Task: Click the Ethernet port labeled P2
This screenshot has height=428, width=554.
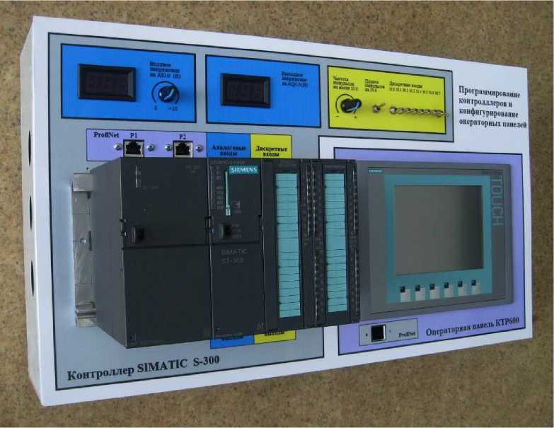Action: click(183, 148)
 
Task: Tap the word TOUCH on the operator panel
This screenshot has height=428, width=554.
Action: click(495, 202)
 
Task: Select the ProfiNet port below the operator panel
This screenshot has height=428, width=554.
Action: click(378, 332)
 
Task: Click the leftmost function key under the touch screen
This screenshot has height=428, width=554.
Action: click(401, 290)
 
